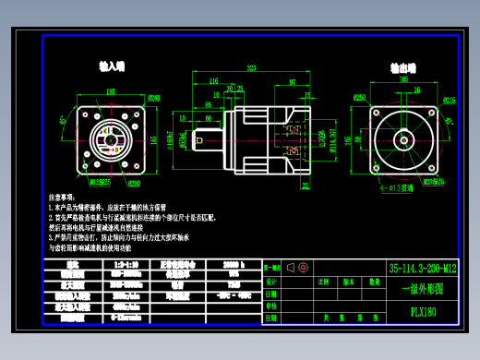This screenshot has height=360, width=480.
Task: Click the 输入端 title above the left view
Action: pyautogui.click(x=112, y=66)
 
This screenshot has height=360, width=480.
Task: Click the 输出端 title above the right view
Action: pyautogui.click(x=401, y=67)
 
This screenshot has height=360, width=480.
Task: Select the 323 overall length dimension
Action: pyautogui.click(x=251, y=68)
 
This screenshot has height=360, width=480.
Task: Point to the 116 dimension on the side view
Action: pyautogui.click(x=213, y=81)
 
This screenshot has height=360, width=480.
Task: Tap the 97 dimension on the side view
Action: pyautogui.click(x=293, y=81)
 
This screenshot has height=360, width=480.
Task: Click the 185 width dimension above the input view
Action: pyautogui.click(x=111, y=91)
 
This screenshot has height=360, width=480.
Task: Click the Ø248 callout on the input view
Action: pyautogui.click(x=154, y=98)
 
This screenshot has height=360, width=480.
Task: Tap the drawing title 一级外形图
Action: pyautogui.click(x=422, y=289)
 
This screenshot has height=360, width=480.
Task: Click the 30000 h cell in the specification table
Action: pyautogui.click(x=234, y=264)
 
